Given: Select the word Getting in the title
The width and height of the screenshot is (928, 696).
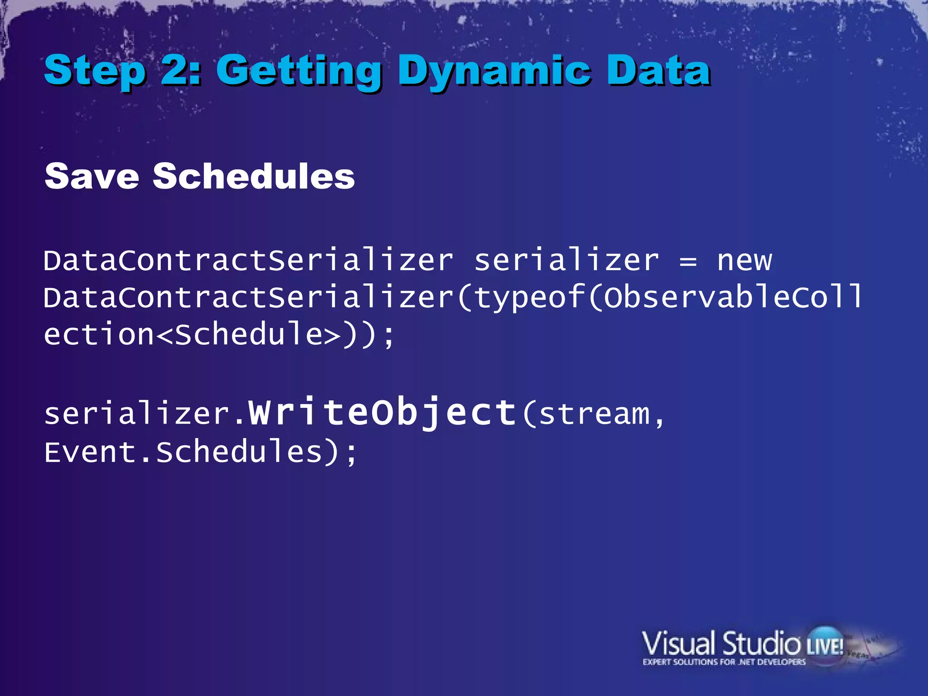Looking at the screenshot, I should click(x=299, y=71).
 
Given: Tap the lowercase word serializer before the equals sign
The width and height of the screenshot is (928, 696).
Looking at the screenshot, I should click(x=566, y=261).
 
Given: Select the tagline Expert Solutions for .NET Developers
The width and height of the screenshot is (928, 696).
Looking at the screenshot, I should click(x=724, y=662).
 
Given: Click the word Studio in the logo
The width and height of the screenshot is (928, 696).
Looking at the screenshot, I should click(x=761, y=643).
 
